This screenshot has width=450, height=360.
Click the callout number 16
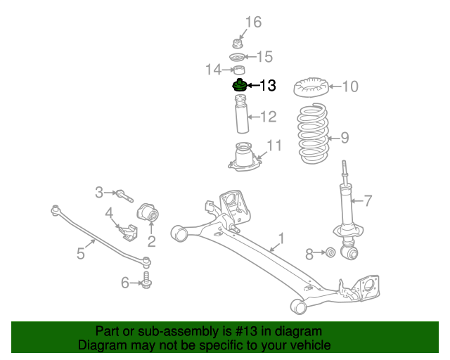click(253, 22)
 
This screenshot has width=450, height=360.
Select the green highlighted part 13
click(240, 87)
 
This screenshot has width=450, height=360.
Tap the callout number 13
click(268, 86)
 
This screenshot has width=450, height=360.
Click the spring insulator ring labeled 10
click(309, 89)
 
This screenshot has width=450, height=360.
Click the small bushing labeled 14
click(239, 70)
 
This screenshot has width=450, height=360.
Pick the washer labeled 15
click(238, 56)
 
